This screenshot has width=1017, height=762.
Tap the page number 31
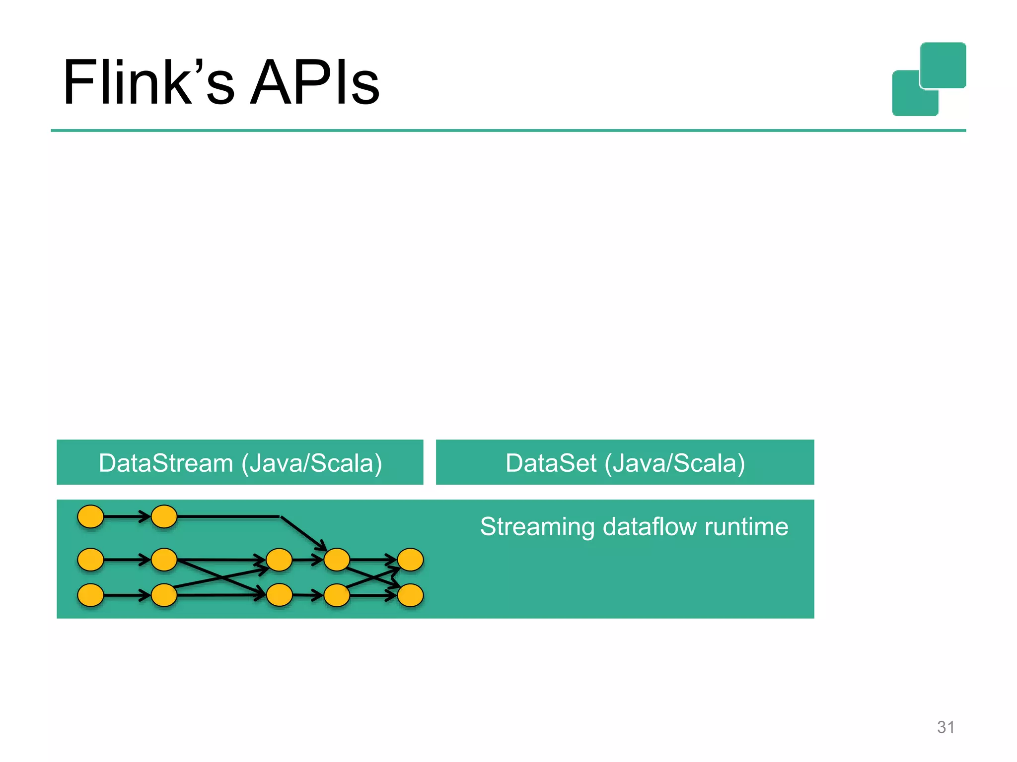tap(945, 727)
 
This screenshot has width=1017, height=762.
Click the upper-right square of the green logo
tap(943, 64)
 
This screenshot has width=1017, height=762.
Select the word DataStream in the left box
tap(166, 463)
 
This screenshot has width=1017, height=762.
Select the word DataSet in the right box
tap(551, 463)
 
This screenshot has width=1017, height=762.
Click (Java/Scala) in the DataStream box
tap(312, 463)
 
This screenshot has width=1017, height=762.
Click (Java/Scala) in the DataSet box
tap(675, 463)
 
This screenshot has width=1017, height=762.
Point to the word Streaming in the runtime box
tap(537, 527)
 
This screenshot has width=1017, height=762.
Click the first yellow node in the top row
tap(91, 516)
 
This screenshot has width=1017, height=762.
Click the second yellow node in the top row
tap(164, 516)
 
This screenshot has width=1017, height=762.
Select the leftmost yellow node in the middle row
tap(91, 560)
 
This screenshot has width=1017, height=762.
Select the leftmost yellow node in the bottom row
tap(91, 595)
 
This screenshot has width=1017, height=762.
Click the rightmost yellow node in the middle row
tap(410, 560)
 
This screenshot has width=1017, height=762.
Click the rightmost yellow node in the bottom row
tap(410, 595)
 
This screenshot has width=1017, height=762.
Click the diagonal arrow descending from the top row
tap(303, 533)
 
